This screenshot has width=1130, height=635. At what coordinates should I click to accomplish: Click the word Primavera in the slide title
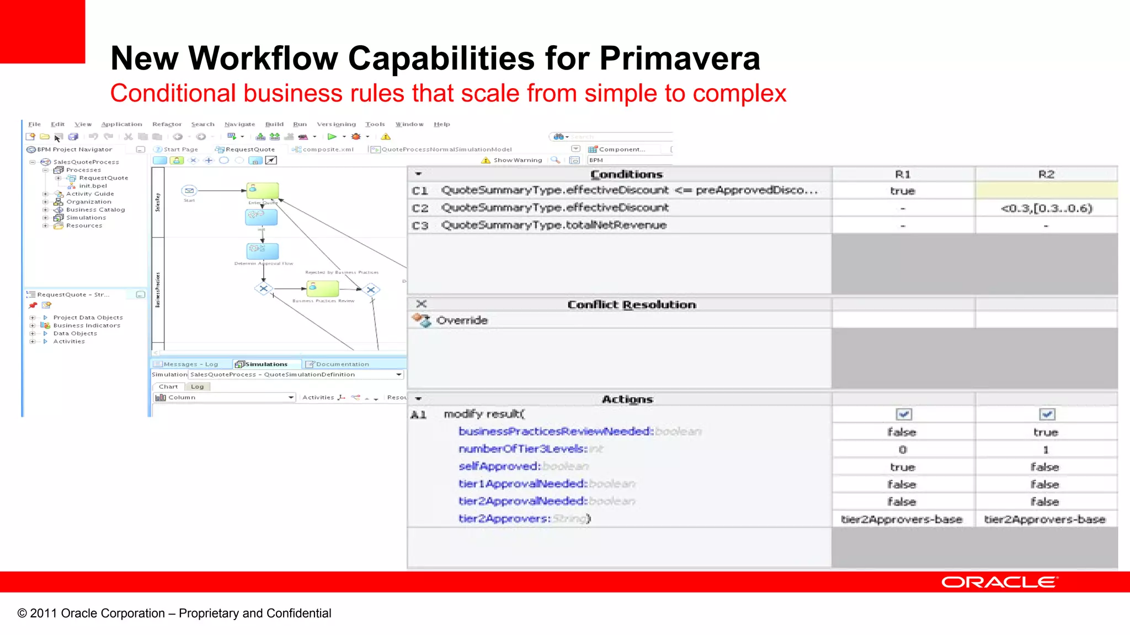point(680,58)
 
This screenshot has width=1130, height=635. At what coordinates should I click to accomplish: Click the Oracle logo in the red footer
point(999,582)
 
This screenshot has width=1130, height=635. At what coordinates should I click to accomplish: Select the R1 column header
point(903,174)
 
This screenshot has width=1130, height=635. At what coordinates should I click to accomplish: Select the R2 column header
point(1046,174)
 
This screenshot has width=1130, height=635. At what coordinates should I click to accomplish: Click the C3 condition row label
point(420,225)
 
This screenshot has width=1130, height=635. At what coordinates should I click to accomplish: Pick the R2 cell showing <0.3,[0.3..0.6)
point(1046,208)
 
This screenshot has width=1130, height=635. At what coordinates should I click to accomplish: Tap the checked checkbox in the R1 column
point(903,414)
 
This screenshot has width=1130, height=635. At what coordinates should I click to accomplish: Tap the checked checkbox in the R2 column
point(1047,414)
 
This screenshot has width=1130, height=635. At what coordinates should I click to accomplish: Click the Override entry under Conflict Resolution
point(462,320)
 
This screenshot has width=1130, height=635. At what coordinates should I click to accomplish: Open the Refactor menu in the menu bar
point(167,125)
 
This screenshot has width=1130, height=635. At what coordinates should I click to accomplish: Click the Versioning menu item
point(336,125)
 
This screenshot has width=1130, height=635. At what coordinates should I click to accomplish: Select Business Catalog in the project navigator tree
point(95,209)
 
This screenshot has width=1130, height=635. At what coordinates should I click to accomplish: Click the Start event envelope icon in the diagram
point(189,191)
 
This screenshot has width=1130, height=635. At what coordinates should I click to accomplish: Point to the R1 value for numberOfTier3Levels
point(903,450)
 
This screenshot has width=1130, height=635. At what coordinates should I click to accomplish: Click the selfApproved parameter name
point(499,466)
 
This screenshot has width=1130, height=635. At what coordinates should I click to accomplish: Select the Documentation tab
point(342,364)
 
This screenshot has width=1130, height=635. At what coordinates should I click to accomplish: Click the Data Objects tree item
point(75,333)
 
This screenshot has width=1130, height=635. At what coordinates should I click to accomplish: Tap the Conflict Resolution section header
point(631,305)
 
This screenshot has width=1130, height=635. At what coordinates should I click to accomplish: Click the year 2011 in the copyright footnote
point(43,614)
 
